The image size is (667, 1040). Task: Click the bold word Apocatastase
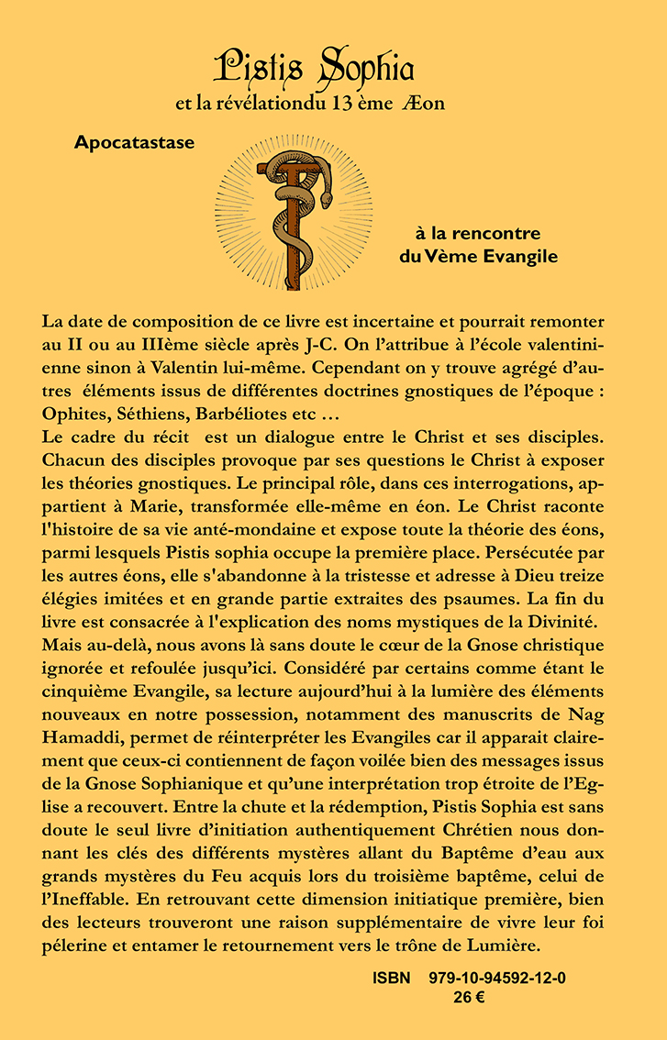coord(135,143)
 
